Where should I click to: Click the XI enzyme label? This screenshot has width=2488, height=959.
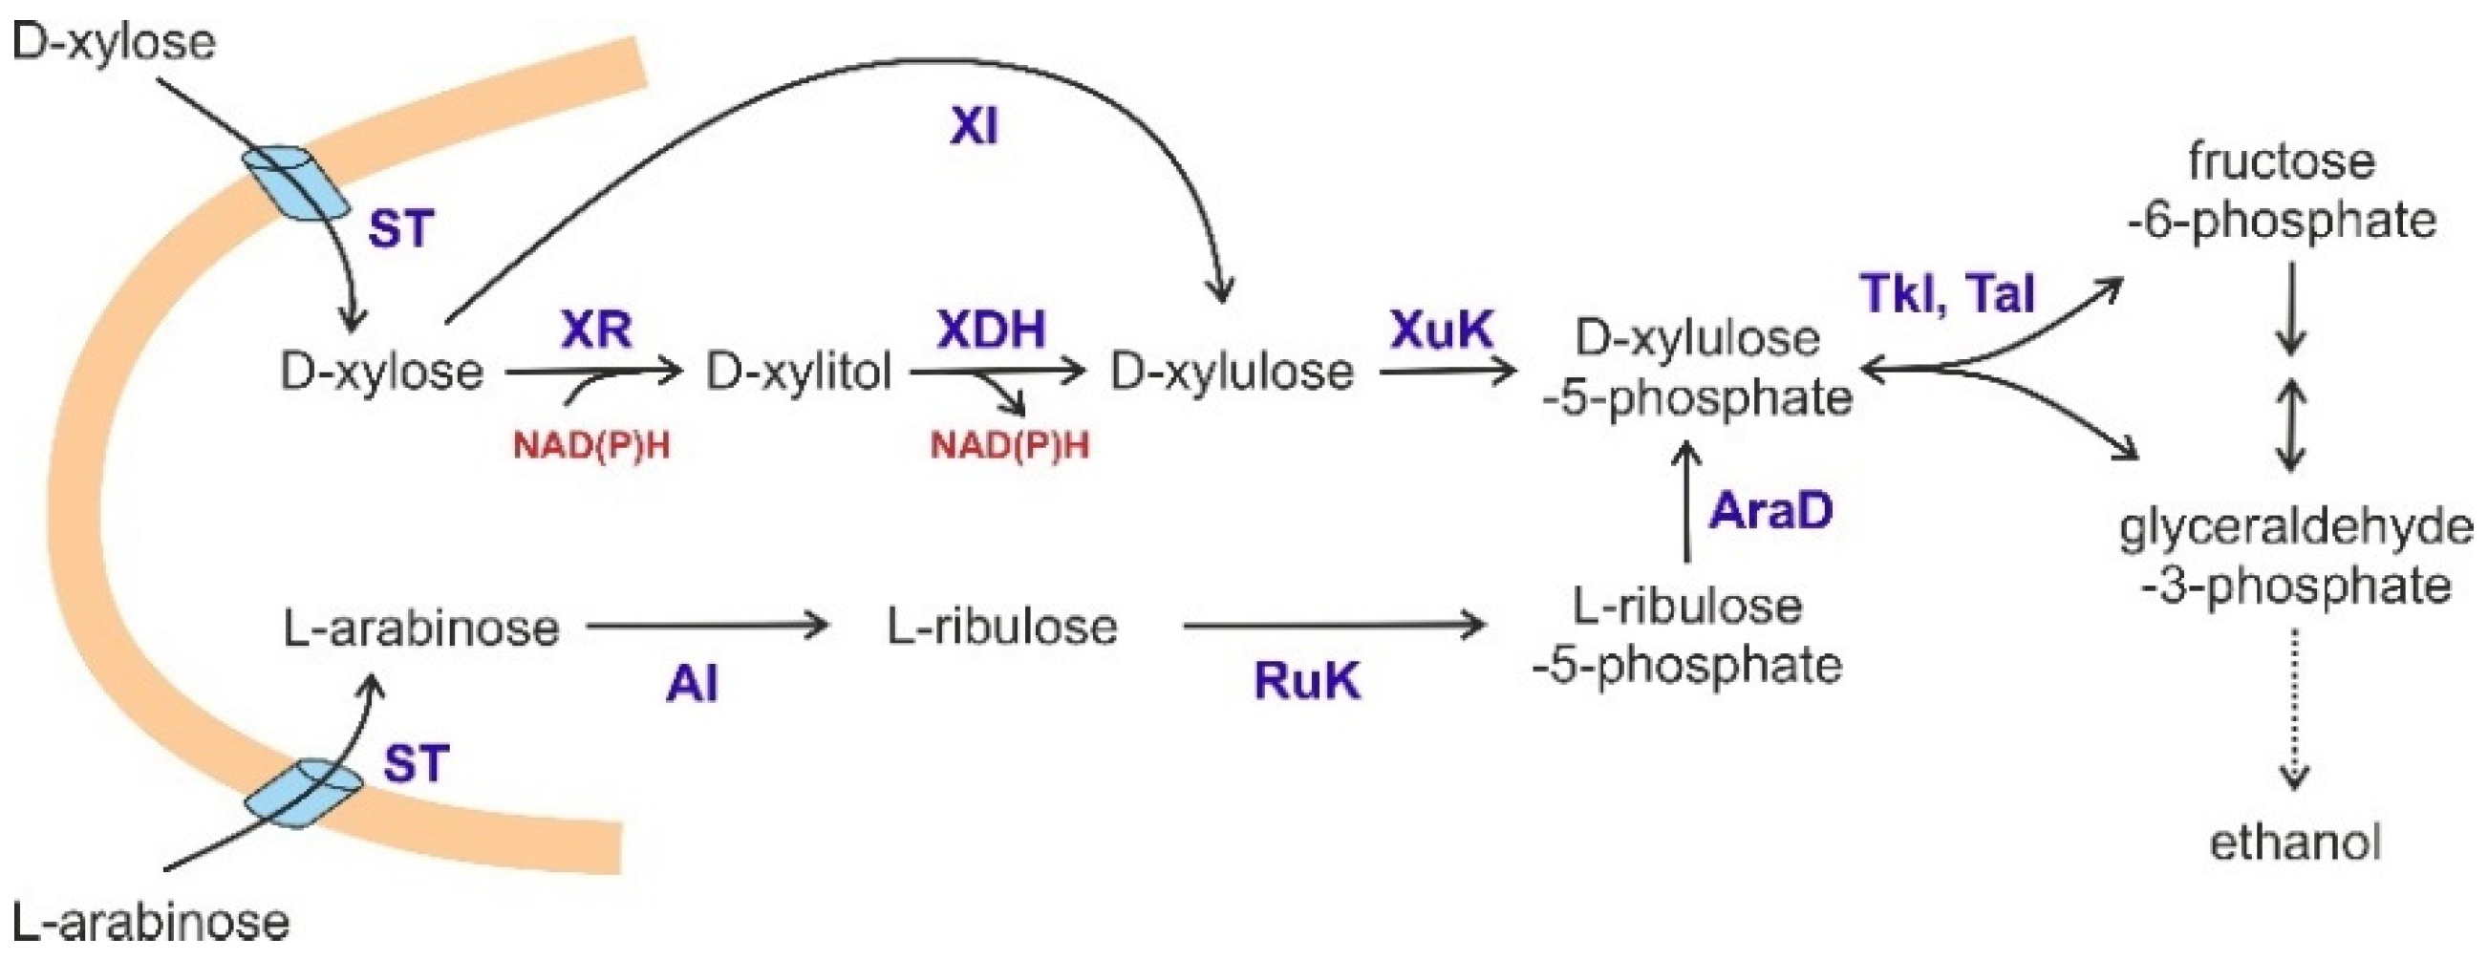pyautogui.click(x=974, y=126)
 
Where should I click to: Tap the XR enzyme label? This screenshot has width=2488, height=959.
pyautogui.click(x=597, y=330)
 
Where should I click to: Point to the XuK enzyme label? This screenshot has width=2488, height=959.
pyautogui.click(x=1441, y=330)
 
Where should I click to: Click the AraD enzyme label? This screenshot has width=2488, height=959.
pyautogui.click(x=1770, y=510)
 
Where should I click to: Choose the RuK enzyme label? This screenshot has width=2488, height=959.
pyautogui.click(x=1307, y=681)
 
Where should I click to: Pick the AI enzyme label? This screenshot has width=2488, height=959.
pyautogui.click(x=693, y=685)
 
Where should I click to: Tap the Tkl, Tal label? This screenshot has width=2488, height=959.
pyautogui.click(x=1948, y=292)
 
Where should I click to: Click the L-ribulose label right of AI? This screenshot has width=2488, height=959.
pyautogui.click(x=1001, y=627)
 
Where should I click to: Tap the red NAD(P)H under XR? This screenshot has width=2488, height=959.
pyautogui.click(x=591, y=445)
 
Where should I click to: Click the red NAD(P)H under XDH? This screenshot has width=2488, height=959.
pyautogui.click(x=1009, y=445)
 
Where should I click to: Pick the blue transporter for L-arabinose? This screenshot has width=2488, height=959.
pyautogui.click(x=302, y=792)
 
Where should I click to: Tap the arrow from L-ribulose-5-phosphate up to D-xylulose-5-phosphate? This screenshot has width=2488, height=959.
pyautogui.click(x=1686, y=502)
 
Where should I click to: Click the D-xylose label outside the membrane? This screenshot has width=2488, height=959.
pyautogui.click(x=114, y=41)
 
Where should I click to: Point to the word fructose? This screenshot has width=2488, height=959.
pyautogui.click(x=2282, y=160)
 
